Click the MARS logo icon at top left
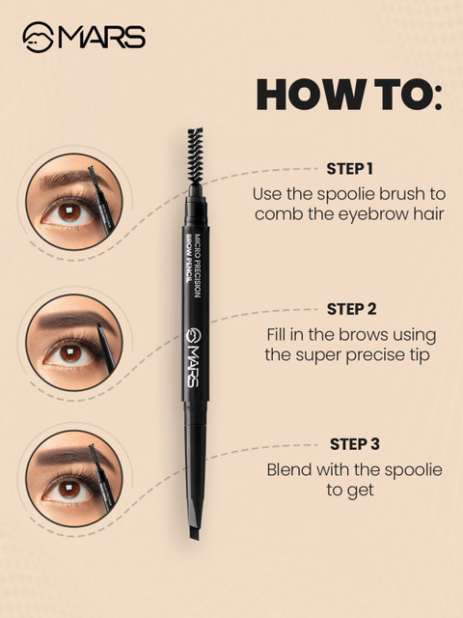38,37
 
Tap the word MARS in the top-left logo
101,38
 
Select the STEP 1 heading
349,169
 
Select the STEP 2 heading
351,309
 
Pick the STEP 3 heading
355,444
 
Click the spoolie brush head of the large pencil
196,154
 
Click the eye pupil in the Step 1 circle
69,211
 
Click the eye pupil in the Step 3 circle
69,490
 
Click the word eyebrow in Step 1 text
371,214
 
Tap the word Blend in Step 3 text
289,469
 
